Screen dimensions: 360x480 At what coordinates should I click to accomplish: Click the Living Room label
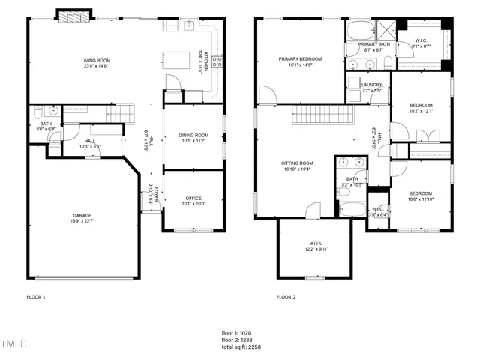point(96,60)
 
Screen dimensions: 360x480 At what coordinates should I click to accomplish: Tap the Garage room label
point(82,215)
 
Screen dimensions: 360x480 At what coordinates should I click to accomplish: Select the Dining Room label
point(193,135)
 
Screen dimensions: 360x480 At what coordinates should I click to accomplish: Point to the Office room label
point(193,198)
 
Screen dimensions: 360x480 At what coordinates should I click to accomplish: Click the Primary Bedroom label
point(300,58)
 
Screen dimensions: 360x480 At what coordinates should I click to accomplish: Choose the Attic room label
point(316,244)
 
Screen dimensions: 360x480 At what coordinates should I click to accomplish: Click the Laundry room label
point(371,85)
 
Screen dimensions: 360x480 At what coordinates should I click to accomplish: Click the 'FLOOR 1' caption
point(36,297)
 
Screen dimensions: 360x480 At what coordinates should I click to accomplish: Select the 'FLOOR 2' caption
point(286,297)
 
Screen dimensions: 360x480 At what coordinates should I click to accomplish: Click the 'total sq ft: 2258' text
point(241,346)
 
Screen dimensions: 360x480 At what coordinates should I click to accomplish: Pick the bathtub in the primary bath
point(360,31)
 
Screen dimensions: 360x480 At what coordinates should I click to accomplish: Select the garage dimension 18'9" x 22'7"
point(82,221)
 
